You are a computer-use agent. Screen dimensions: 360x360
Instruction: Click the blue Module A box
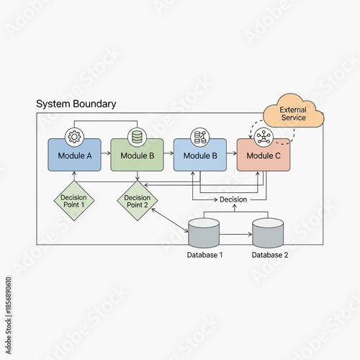[74, 155]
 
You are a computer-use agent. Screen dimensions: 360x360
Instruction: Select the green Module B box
[137, 155]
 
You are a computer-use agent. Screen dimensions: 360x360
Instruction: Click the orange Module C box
[263, 155]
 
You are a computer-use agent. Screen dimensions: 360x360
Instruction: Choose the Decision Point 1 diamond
[74, 201]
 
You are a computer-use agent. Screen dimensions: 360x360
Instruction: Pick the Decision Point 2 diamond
[137, 201]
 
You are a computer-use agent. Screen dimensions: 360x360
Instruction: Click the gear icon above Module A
[74, 136]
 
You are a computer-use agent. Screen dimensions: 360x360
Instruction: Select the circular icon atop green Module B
[137, 136]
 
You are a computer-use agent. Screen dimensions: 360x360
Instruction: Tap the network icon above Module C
[263, 136]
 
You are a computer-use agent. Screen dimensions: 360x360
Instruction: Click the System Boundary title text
[76, 104]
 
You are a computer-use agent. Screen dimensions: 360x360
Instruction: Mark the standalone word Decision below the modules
[233, 199]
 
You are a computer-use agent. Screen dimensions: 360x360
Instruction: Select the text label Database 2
[270, 255]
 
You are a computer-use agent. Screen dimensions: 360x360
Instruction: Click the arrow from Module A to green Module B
[106, 154]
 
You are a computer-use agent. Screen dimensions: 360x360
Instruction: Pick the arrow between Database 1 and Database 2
[235, 233]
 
